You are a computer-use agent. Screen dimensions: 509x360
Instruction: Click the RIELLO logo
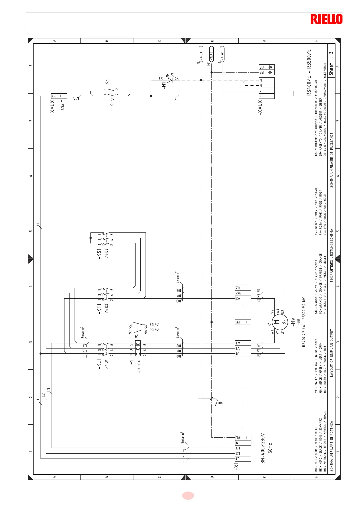[326, 19]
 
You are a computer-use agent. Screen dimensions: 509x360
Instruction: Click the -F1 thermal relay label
[132, 364]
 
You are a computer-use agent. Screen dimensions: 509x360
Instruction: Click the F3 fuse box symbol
[59, 96]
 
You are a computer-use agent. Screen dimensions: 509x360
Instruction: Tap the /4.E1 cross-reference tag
[201, 54]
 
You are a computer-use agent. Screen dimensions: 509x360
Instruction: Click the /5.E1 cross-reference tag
[211, 54]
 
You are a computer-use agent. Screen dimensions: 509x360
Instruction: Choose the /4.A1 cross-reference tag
[222, 54]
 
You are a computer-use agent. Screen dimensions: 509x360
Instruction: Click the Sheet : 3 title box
[331, 63]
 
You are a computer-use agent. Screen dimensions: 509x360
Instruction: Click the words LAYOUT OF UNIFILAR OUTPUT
[332, 353]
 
